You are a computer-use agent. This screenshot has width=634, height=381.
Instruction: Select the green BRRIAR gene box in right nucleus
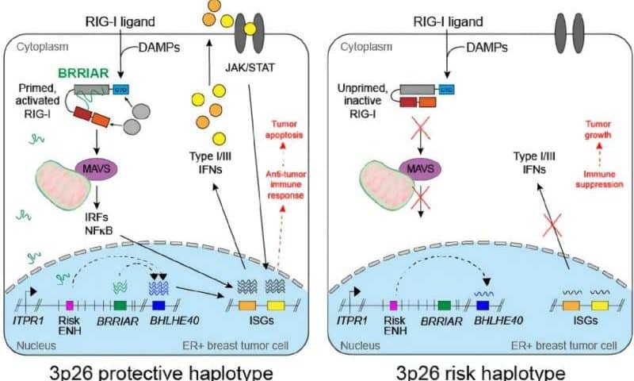pyautogui.click(x=444, y=304)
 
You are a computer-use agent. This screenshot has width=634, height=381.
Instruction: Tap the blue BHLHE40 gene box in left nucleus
pyautogui.click(x=158, y=304)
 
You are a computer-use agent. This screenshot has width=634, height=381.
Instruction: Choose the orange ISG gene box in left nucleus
pyautogui.click(x=246, y=304)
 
